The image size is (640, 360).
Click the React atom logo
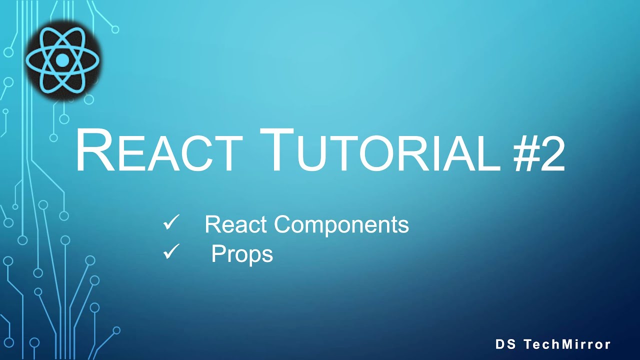point(62,60)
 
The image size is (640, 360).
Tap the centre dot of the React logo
point(62,60)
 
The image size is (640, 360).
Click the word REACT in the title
point(158,151)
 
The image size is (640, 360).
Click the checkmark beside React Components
point(171,223)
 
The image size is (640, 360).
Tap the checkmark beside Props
point(171,252)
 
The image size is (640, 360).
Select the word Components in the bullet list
point(341,225)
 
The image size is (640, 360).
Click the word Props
point(242,254)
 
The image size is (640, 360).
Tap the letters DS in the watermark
point(505,344)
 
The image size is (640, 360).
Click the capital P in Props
point(218,254)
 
